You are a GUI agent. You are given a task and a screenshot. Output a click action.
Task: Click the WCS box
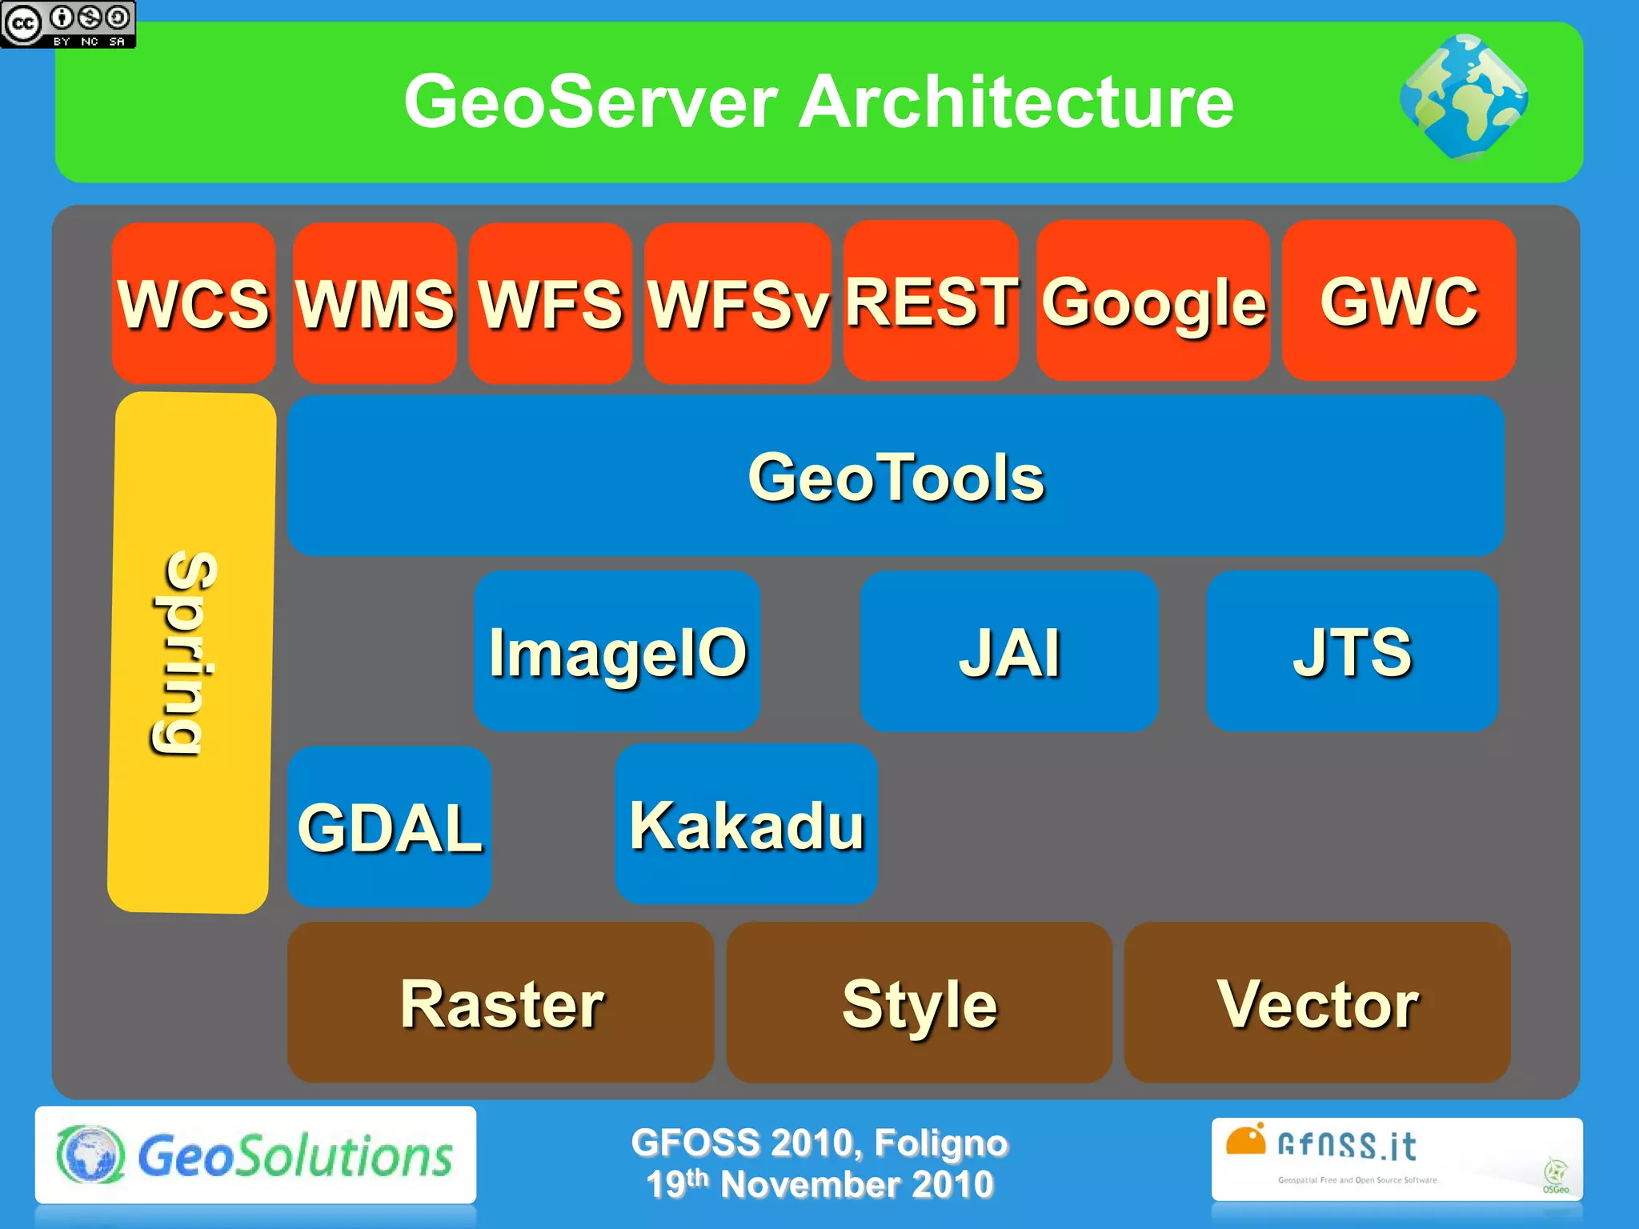(194, 302)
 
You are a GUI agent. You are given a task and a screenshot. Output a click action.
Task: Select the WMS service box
(375, 302)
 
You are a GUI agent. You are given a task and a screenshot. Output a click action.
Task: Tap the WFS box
(550, 302)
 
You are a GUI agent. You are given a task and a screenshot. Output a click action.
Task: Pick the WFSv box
(737, 302)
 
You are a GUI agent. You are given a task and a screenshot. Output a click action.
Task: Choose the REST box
(931, 301)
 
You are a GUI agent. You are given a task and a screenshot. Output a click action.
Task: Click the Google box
(1153, 301)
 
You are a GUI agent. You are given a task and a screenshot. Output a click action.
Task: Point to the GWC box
(1399, 301)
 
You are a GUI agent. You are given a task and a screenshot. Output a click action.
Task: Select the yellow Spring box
(191, 652)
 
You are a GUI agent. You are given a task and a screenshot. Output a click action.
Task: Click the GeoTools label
(896, 477)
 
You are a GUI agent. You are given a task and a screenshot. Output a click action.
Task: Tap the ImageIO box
(617, 651)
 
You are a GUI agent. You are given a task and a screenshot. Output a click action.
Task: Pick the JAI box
(1009, 651)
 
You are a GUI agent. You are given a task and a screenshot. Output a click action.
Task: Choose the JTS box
(1352, 651)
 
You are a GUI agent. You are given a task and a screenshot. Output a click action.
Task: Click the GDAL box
(389, 827)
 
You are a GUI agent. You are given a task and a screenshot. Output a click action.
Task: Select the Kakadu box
(746, 824)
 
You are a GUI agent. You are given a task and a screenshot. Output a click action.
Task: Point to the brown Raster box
(501, 1003)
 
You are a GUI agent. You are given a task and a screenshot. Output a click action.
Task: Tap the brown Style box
(919, 1003)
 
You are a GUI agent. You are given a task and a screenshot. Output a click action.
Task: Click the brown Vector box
(1317, 1003)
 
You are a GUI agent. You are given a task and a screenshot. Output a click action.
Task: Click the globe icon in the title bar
(1464, 97)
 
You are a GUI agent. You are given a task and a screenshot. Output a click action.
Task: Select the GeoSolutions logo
(255, 1155)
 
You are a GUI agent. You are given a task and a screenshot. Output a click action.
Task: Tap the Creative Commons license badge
(68, 24)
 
